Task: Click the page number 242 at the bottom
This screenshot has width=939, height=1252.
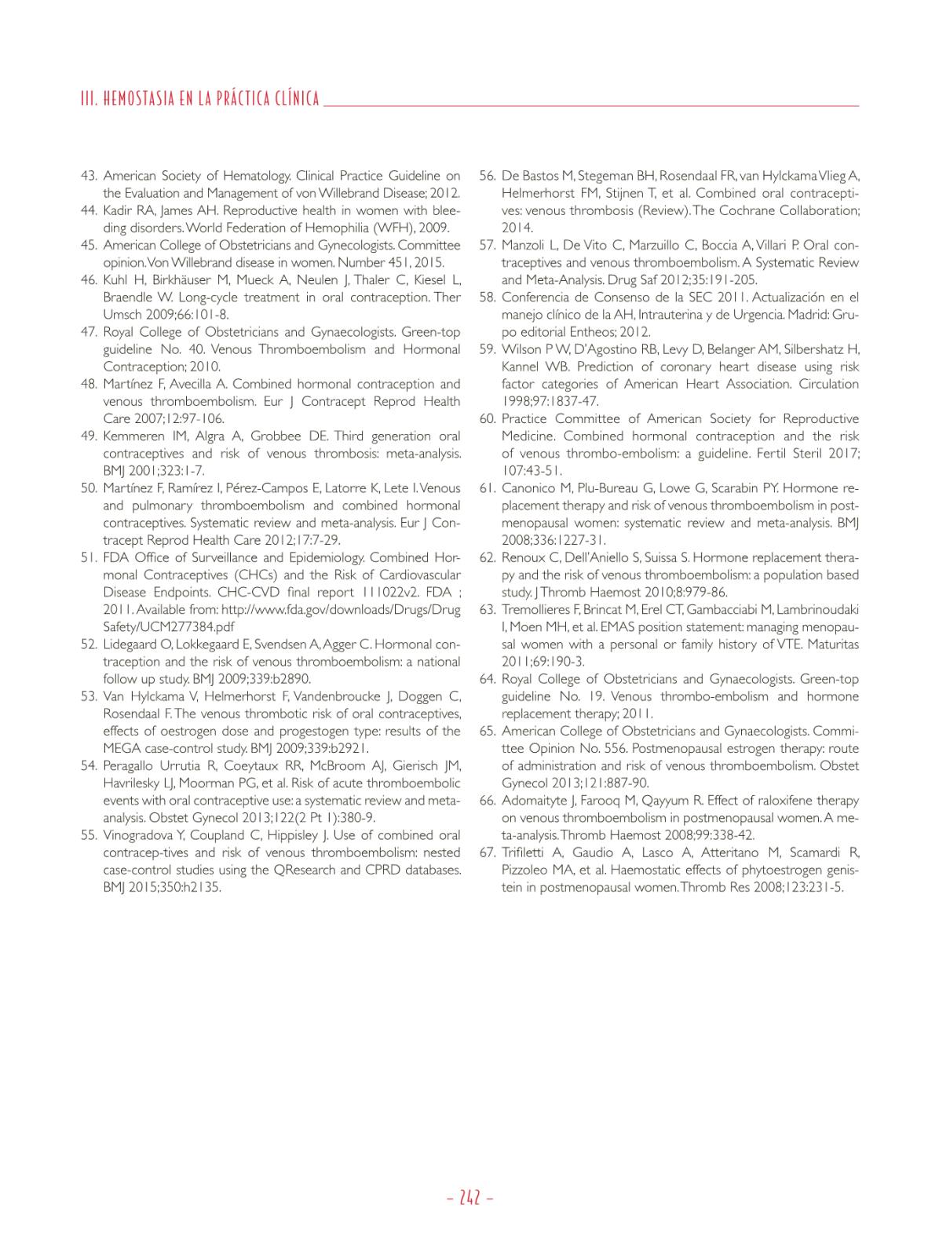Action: [469, 1198]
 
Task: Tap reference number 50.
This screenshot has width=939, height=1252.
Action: [89, 488]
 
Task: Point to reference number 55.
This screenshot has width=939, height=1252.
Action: [89, 835]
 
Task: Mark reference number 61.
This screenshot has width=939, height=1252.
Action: [487, 488]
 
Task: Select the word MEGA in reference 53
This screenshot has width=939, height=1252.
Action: [119, 748]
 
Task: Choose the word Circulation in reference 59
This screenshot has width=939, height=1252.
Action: [829, 384]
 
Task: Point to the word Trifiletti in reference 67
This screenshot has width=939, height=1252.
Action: [525, 852]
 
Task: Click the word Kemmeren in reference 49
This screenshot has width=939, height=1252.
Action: [133, 436]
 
